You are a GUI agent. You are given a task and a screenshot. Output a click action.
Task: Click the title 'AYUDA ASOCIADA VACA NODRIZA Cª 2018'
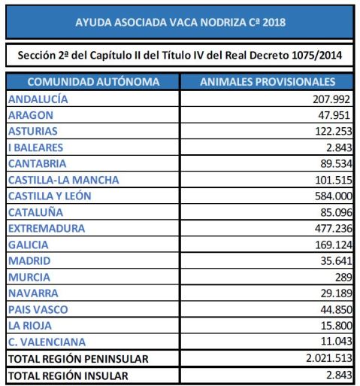[x=180, y=23]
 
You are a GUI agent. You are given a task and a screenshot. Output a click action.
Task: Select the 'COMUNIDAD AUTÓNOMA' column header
[x=92, y=82]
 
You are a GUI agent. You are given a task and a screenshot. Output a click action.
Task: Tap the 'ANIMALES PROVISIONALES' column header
[x=268, y=82]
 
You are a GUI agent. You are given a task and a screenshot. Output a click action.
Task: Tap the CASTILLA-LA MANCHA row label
[x=63, y=180]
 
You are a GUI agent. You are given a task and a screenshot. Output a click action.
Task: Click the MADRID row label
[x=29, y=260]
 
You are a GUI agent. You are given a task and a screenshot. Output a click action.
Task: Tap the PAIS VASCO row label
[x=39, y=309]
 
